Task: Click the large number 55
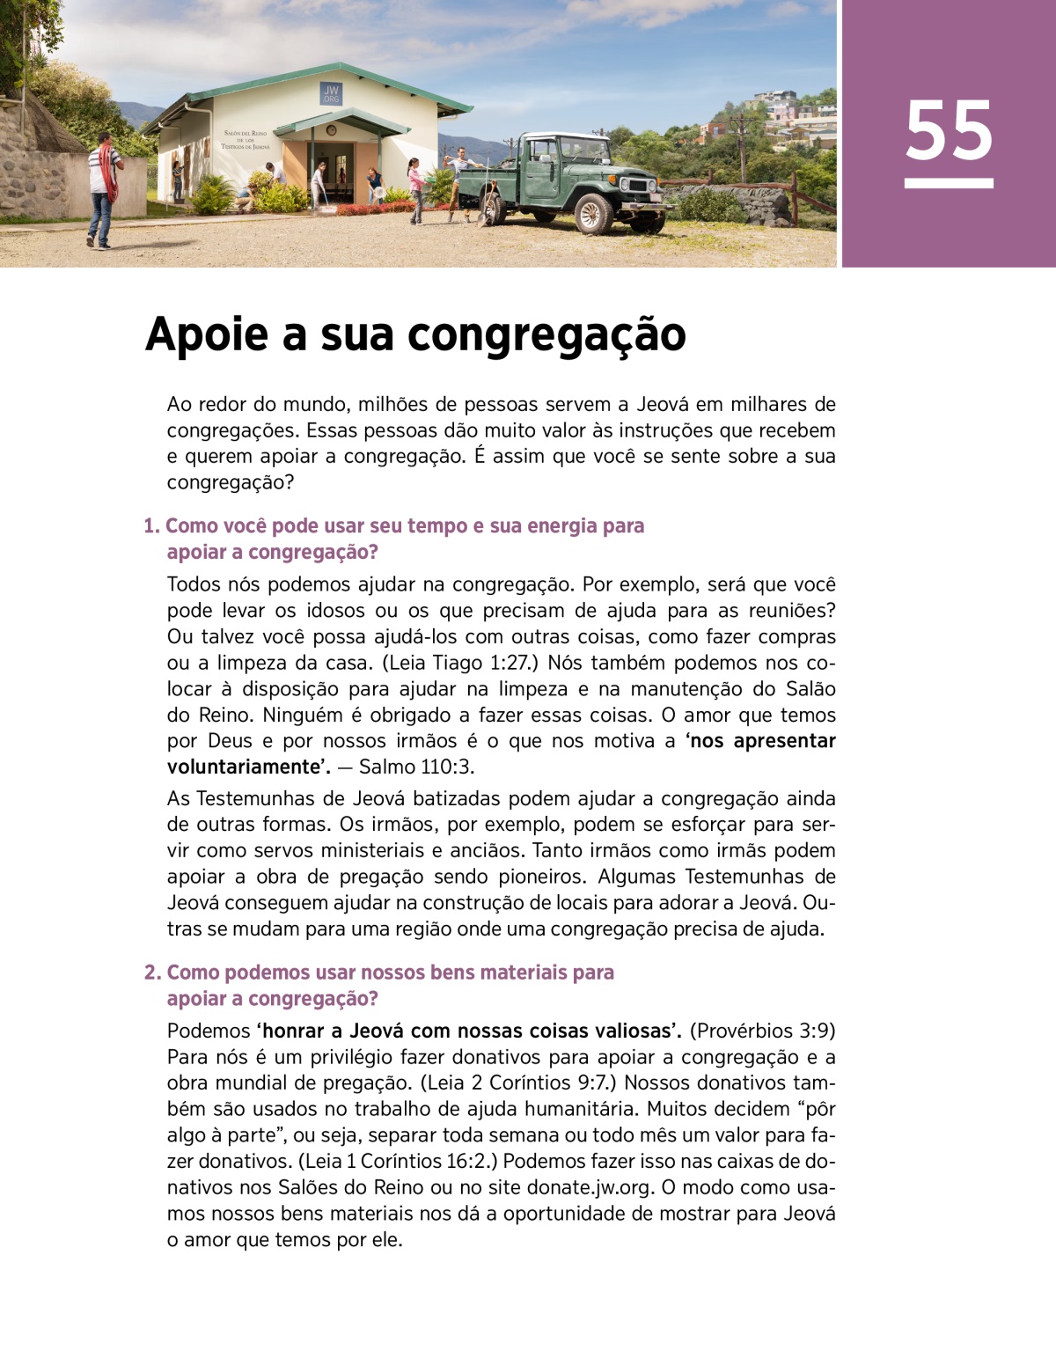click(949, 130)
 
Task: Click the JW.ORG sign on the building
click(331, 94)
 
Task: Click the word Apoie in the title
click(205, 334)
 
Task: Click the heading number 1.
click(150, 526)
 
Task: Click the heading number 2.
click(151, 973)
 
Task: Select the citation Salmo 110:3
click(417, 767)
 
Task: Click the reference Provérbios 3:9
click(763, 1031)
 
